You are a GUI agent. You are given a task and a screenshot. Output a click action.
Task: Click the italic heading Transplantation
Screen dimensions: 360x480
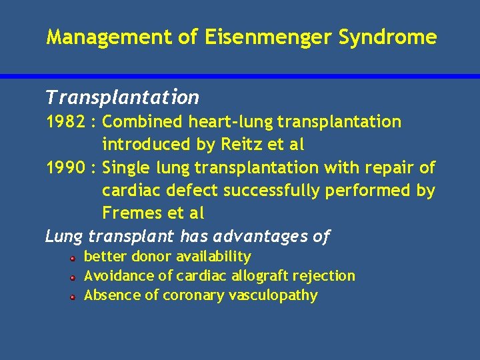click(x=122, y=98)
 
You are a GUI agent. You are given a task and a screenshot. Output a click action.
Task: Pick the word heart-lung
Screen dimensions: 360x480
click(x=230, y=122)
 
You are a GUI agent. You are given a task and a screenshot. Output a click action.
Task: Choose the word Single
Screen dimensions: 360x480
click(x=129, y=167)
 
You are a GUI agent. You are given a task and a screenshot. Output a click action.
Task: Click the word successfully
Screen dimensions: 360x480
click(x=274, y=191)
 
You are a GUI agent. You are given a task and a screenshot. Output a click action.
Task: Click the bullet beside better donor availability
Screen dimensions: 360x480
click(x=73, y=257)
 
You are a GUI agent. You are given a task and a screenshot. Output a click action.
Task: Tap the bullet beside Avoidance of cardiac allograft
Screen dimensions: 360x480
click(x=73, y=277)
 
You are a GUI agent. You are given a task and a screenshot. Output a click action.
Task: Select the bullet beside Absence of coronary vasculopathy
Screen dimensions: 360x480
click(x=73, y=296)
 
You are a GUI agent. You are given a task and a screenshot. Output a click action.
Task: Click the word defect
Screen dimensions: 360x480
click(x=193, y=191)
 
